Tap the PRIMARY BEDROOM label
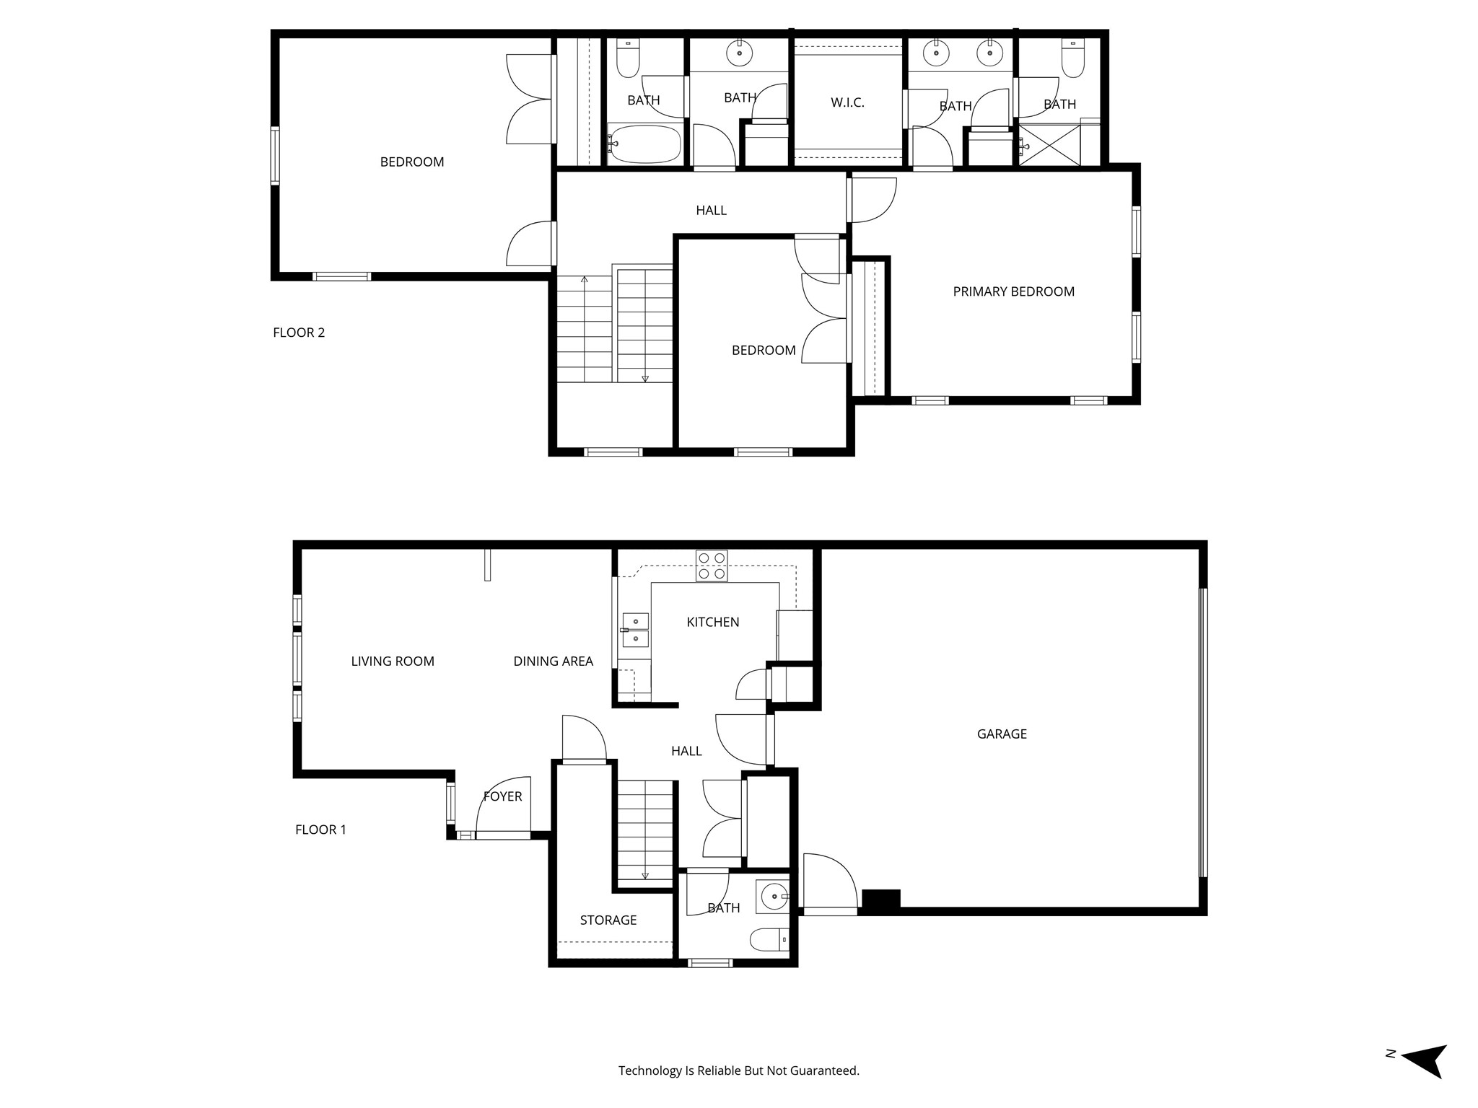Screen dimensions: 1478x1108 [1013, 291]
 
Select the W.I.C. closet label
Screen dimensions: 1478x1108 [847, 102]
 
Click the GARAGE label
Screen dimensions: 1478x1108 [1002, 734]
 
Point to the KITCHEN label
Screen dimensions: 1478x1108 [712, 622]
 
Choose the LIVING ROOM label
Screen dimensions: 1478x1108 [393, 661]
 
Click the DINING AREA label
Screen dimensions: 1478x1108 [553, 661]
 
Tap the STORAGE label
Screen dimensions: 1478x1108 [608, 920]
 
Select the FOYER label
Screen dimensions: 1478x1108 [502, 796]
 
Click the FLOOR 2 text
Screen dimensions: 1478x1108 [299, 333]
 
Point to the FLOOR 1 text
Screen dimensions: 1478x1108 [320, 830]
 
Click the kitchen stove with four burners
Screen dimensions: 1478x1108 [712, 566]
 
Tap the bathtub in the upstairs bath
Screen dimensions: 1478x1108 [644, 144]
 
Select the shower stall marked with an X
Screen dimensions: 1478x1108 [1049, 145]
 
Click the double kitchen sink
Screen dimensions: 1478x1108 [635, 630]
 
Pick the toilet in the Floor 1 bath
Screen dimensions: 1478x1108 [770, 939]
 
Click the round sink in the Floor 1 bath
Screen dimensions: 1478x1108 [774, 897]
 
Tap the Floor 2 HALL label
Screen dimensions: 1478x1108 [711, 210]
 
